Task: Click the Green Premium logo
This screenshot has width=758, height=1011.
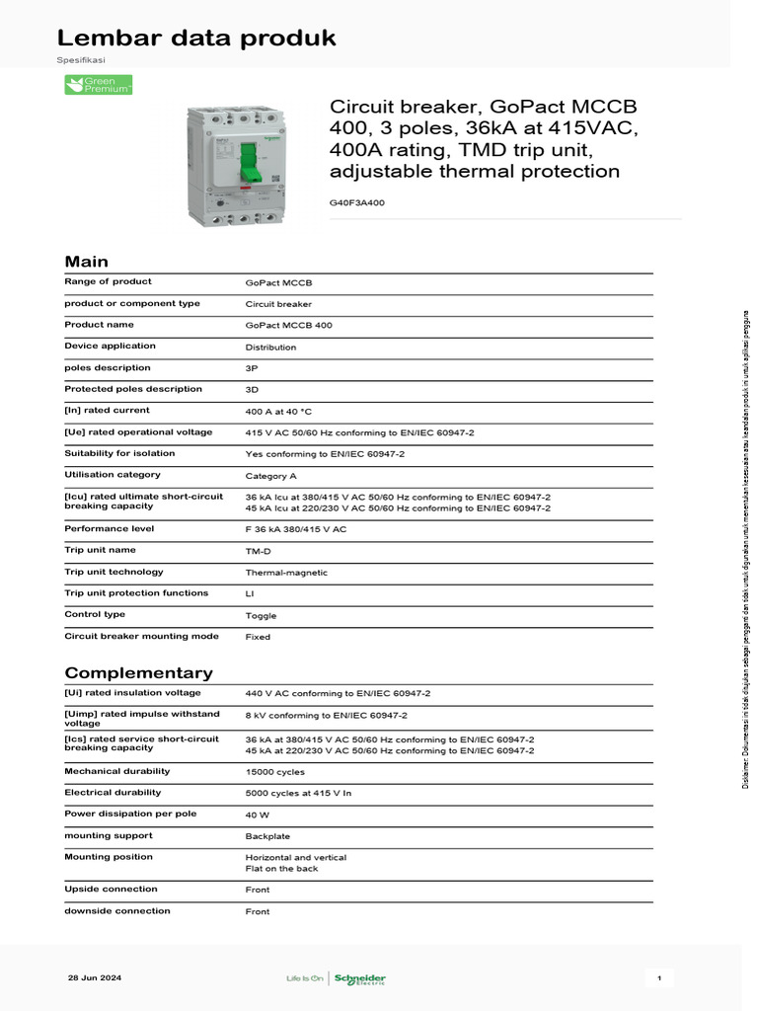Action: (x=98, y=85)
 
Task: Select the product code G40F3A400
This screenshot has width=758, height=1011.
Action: (x=357, y=202)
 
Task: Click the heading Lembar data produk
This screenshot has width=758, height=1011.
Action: (x=196, y=39)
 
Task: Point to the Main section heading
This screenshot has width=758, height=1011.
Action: (x=87, y=262)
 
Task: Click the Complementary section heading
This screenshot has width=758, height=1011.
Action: (x=138, y=672)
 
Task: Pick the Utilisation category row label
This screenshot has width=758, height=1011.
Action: (x=113, y=475)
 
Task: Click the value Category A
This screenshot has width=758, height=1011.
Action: (x=271, y=476)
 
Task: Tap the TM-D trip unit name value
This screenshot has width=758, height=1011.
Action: (x=259, y=551)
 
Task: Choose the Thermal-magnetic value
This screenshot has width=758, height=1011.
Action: (x=286, y=573)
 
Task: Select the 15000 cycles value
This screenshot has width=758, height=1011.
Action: (x=274, y=772)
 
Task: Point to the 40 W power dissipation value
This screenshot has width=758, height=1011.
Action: (x=259, y=815)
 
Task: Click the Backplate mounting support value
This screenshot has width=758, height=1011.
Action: (x=267, y=836)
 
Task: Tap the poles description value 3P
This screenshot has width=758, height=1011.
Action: (x=252, y=367)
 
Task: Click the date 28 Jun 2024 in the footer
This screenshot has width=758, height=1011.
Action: (x=95, y=977)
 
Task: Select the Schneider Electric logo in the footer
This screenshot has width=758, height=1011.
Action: (x=360, y=978)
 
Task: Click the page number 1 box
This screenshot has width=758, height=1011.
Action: (x=658, y=978)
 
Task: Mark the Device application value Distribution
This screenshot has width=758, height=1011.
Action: (x=270, y=348)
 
